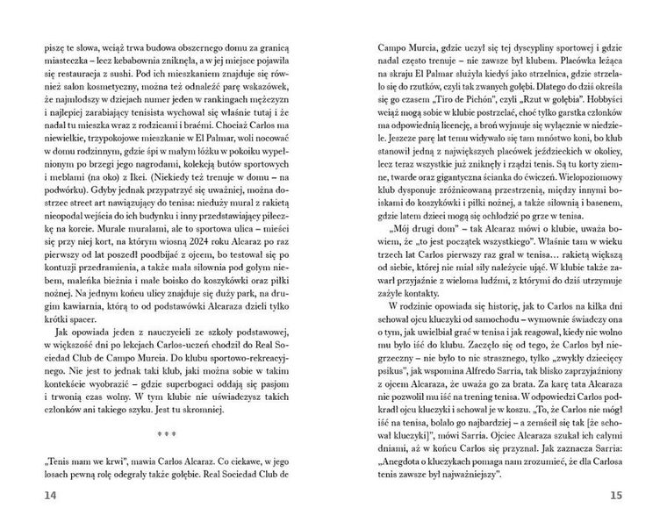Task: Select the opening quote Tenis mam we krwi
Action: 82,459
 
